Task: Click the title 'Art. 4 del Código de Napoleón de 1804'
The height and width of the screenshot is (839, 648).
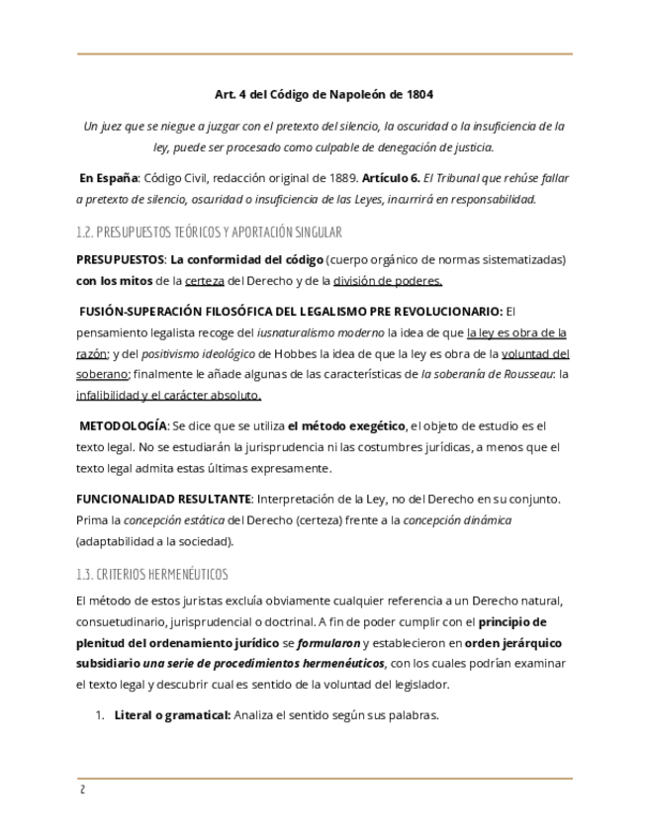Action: pyautogui.click(x=324, y=95)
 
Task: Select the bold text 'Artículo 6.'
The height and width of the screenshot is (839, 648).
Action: pyautogui.click(x=391, y=178)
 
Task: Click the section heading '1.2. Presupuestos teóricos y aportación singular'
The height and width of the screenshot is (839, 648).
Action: pyautogui.click(x=209, y=233)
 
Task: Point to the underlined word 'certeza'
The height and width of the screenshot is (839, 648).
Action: pyautogui.click(x=205, y=280)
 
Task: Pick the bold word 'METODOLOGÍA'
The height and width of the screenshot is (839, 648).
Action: pyautogui.click(x=124, y=426)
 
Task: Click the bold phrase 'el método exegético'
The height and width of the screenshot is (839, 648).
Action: pyautogui.click(x=346, y=426)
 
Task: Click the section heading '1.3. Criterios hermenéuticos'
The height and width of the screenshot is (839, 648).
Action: pyautogui.click(x=151, y=575)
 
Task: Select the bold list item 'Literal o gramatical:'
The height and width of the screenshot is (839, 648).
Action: pyautogui.click(x=172, y=715)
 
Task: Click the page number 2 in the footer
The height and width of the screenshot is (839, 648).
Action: pyautogui.click(x=82, y=790)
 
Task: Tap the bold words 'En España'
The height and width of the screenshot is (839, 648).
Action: pyautogui.click(x=108, y=178)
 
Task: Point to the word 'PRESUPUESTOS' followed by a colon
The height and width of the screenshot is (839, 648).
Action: pyautogui.click(x=120, y=259)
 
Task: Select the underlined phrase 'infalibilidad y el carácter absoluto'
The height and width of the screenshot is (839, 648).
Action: pyautogui.click(x=168, y=395)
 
